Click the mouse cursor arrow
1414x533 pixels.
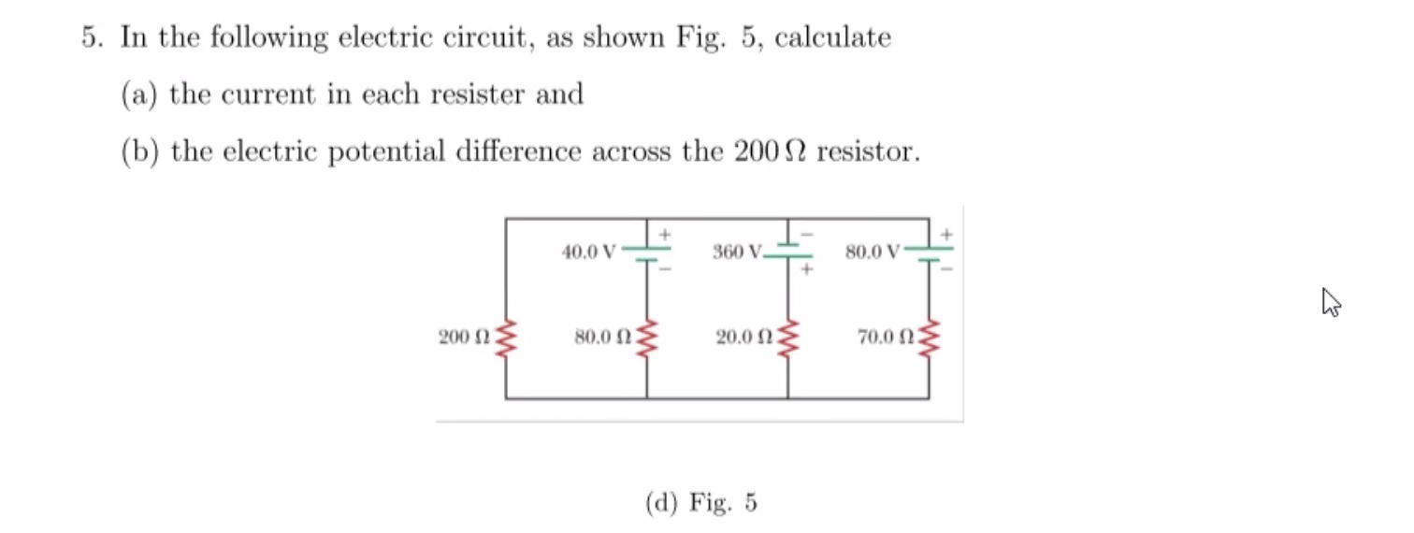pos(1331,302)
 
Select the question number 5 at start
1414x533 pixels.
pos(89,38)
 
